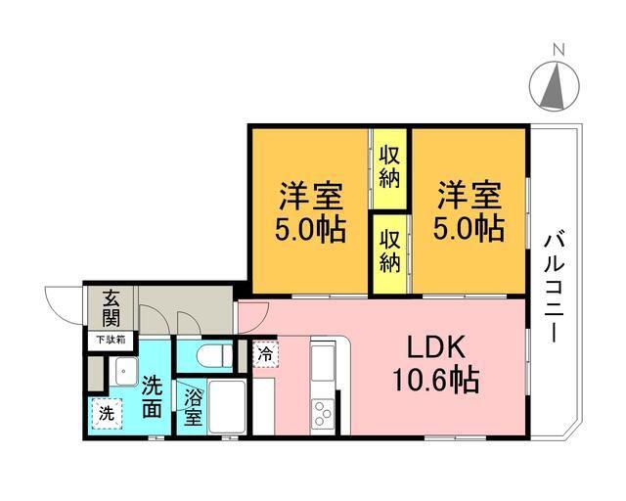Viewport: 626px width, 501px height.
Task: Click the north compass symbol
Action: (555, 86)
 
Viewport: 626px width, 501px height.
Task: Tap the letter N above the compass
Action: (559, 50)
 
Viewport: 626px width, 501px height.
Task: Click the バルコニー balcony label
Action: (555, 289)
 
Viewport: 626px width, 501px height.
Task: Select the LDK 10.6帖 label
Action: (436, 364)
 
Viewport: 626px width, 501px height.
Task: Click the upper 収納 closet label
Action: (389, 167)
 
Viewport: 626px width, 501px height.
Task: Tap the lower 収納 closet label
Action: (389, 251)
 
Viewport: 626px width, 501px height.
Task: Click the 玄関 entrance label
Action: (111, 308)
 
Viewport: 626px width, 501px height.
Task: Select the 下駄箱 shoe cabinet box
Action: (111, 341)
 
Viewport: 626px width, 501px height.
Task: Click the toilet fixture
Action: (215, 355)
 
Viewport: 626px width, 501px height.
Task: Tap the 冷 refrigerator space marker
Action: (265, 354)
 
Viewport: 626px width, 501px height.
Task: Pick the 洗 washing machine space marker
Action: (107, 414)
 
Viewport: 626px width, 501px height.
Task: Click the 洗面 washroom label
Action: (153, 396)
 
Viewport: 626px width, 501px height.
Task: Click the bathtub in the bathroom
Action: (227, 406)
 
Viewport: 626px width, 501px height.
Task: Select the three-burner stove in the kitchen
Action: (323, 414)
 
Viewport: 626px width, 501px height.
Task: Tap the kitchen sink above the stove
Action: (323, 363)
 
